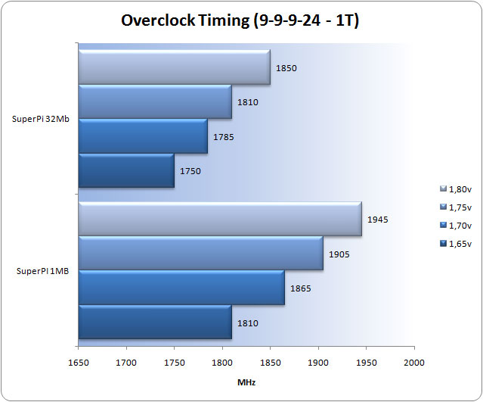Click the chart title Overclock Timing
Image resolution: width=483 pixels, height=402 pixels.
(240, 20)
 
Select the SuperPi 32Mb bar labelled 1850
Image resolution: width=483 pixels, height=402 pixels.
(174, 67)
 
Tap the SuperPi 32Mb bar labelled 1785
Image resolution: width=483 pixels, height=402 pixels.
(142, 136)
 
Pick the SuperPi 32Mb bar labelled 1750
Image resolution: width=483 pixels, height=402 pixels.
(125, 171)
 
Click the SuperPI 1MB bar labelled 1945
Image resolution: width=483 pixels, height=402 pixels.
(219, 220)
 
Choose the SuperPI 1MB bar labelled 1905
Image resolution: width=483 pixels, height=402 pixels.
(200, 254)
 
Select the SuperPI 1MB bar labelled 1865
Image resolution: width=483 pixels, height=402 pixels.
(181, 288)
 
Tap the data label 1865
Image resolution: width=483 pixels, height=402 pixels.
(301, 288)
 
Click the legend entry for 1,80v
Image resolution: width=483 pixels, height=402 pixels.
(455, 189)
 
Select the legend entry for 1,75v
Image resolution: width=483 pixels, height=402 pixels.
(455, 207)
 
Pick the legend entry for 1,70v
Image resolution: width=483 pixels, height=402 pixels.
(455, 225)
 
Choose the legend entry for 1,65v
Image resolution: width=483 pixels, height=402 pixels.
(455, 243)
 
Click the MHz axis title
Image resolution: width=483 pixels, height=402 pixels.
(246, 382)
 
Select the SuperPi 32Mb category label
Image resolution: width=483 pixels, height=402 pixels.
(41, 119)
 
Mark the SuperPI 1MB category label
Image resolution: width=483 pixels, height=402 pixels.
(42, 270)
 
